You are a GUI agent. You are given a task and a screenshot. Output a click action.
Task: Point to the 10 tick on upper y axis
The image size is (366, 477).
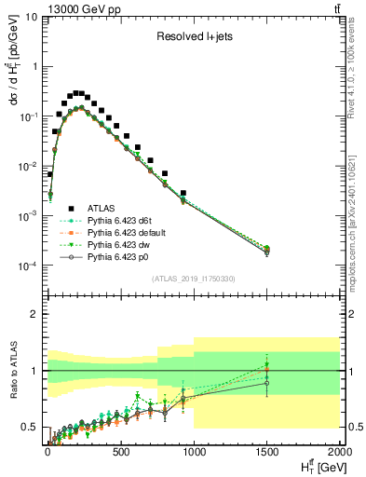pyautogui.click(x=30, y=17)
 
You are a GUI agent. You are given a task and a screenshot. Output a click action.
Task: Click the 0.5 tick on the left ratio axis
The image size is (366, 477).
pyautogui.click(x=29, y=428)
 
